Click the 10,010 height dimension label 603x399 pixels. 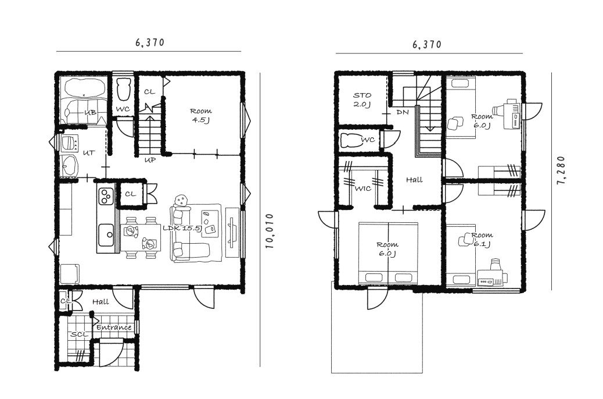click(270, 231)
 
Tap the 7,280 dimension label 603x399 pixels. click(561, 170)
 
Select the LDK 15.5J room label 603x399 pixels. click(182, 228)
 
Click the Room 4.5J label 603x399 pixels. click(201, 115)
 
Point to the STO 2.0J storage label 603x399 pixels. click(362, 99)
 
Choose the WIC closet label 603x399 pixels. click(362, 188)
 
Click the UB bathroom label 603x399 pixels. click(91, 112)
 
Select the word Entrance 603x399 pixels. click(114, 327)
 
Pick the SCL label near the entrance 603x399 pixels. click(79, 334)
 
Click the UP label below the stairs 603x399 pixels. click(150, 160)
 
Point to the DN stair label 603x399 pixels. click(402, 112)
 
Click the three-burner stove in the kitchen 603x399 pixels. click(106, 195)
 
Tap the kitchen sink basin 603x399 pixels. click(106, 235)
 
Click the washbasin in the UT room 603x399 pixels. click(69, 166)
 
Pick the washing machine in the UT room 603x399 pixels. click(69, 144)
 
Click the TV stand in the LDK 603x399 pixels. click(232, 233)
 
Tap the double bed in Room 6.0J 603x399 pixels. click(388, 253)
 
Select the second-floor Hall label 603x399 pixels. click(414, 180)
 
